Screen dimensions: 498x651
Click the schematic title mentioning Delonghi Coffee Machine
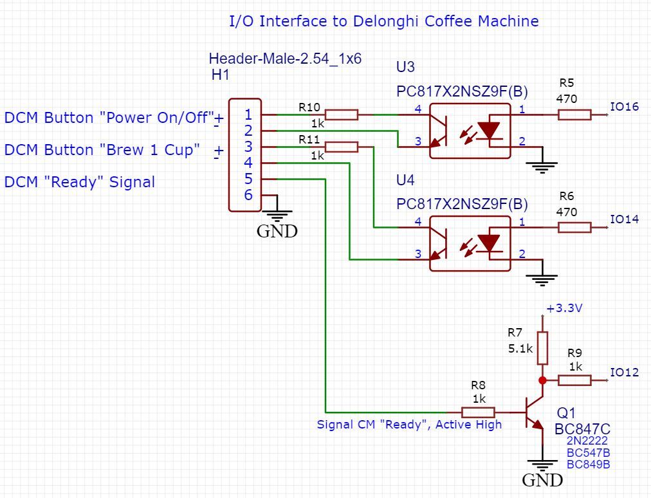384,21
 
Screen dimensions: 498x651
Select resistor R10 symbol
341,115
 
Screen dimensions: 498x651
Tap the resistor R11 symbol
341,147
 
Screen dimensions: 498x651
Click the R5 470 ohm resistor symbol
574,115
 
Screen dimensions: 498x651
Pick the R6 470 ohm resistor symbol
574,227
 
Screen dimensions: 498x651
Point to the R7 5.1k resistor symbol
542,348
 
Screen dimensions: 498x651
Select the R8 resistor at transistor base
478,412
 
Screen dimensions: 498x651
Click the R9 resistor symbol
574,380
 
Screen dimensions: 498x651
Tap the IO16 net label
624,107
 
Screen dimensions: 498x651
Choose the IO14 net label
624,219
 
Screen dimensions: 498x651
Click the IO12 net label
624,372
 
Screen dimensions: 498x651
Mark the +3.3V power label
564,308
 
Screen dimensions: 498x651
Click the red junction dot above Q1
542,380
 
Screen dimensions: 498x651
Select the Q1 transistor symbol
534,412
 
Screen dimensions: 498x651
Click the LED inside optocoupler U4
490,243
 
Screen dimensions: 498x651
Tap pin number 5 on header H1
248,179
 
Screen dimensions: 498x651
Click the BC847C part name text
582,429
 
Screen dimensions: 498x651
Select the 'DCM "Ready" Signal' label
80,182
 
